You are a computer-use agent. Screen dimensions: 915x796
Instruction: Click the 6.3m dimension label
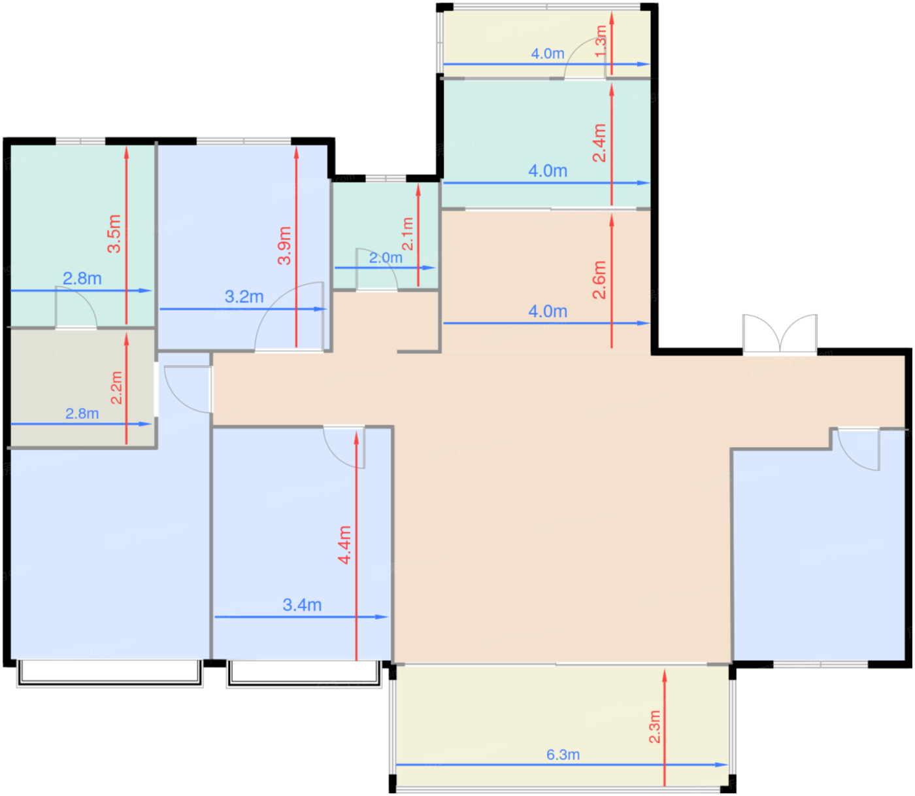coord(563,755)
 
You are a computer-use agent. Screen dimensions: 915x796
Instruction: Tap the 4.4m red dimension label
coord(344,545)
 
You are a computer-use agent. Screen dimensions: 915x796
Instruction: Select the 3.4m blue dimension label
coord(302,605)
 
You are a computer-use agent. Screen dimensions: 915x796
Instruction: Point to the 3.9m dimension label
coord(284,246)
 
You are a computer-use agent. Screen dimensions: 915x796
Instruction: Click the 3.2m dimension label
coord(244,296)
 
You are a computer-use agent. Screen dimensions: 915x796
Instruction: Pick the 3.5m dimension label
coord(114,234)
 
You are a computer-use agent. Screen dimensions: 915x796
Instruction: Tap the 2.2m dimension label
coord(116,387)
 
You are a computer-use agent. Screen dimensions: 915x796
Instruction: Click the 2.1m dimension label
coord(407,234)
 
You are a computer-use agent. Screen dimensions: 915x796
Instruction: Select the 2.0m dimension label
coord(386,258)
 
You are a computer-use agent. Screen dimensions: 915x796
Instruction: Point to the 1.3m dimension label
coord(601,41)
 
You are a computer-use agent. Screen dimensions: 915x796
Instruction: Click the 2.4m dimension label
coord(599,143)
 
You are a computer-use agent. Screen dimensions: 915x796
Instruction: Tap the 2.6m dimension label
coord(599,280)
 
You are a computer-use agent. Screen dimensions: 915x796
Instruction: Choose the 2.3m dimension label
coord(654,727)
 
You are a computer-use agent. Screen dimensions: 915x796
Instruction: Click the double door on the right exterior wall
coord(780,334)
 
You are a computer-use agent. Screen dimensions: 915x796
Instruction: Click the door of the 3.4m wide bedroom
coord(344,447)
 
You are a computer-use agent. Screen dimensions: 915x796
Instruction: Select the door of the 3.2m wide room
coord(289,317)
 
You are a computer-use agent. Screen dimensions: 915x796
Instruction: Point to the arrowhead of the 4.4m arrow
coord(356,438)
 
